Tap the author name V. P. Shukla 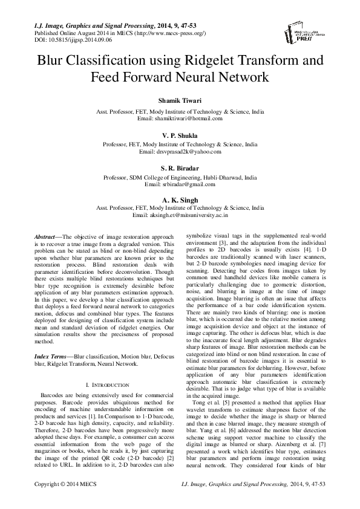pos(180,136)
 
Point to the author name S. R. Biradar pos(180,169)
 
